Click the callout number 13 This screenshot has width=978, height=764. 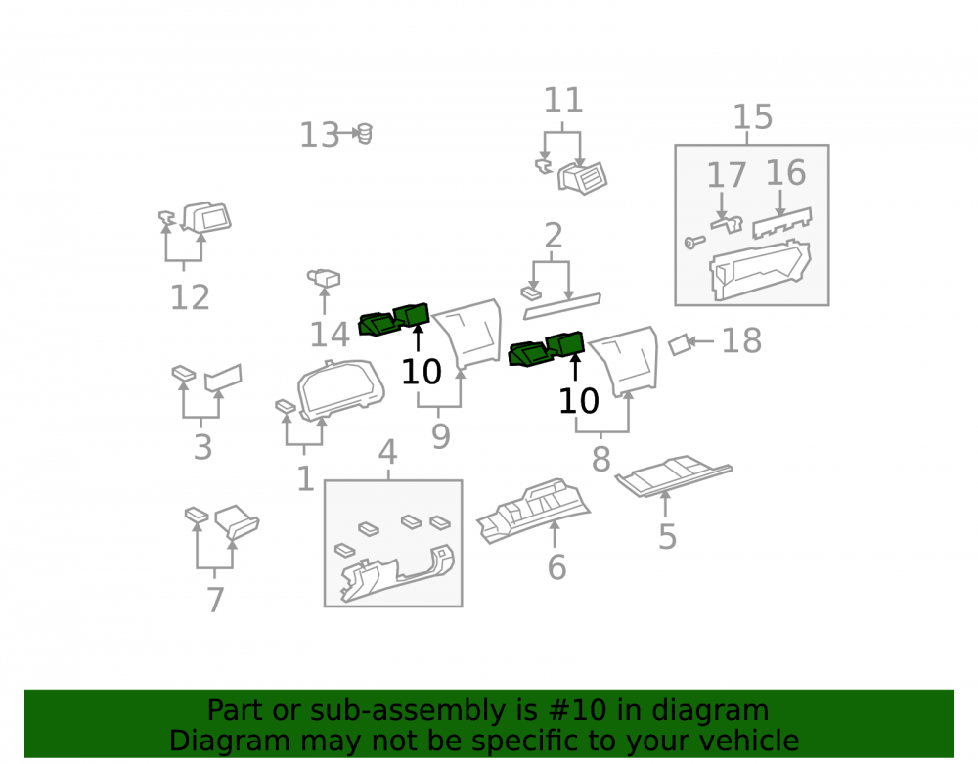pos(320,135)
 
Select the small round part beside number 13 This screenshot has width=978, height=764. pos(364,133)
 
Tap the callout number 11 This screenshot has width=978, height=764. pos(563,100)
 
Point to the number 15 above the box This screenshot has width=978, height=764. pos(752,116)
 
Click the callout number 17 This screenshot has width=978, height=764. pos(726,175)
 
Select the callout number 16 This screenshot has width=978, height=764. pos(785,173)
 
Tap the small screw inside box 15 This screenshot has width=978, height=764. pos(693,242)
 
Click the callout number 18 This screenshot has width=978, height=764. pos(741,340)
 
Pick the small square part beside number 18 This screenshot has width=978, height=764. pos(680,344)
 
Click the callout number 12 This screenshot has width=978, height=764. pos(191,296)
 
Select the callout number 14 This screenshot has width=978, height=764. pos(330,335)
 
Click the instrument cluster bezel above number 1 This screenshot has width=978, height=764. pos(340,389)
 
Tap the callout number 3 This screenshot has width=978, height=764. pos(202,447)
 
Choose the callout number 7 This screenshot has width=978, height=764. pos(215,600)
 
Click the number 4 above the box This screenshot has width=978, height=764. pos(388,452)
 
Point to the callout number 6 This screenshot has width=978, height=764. pos(556,567)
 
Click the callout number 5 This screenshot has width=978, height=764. pos(667,536)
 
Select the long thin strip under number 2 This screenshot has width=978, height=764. pos(561,306)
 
